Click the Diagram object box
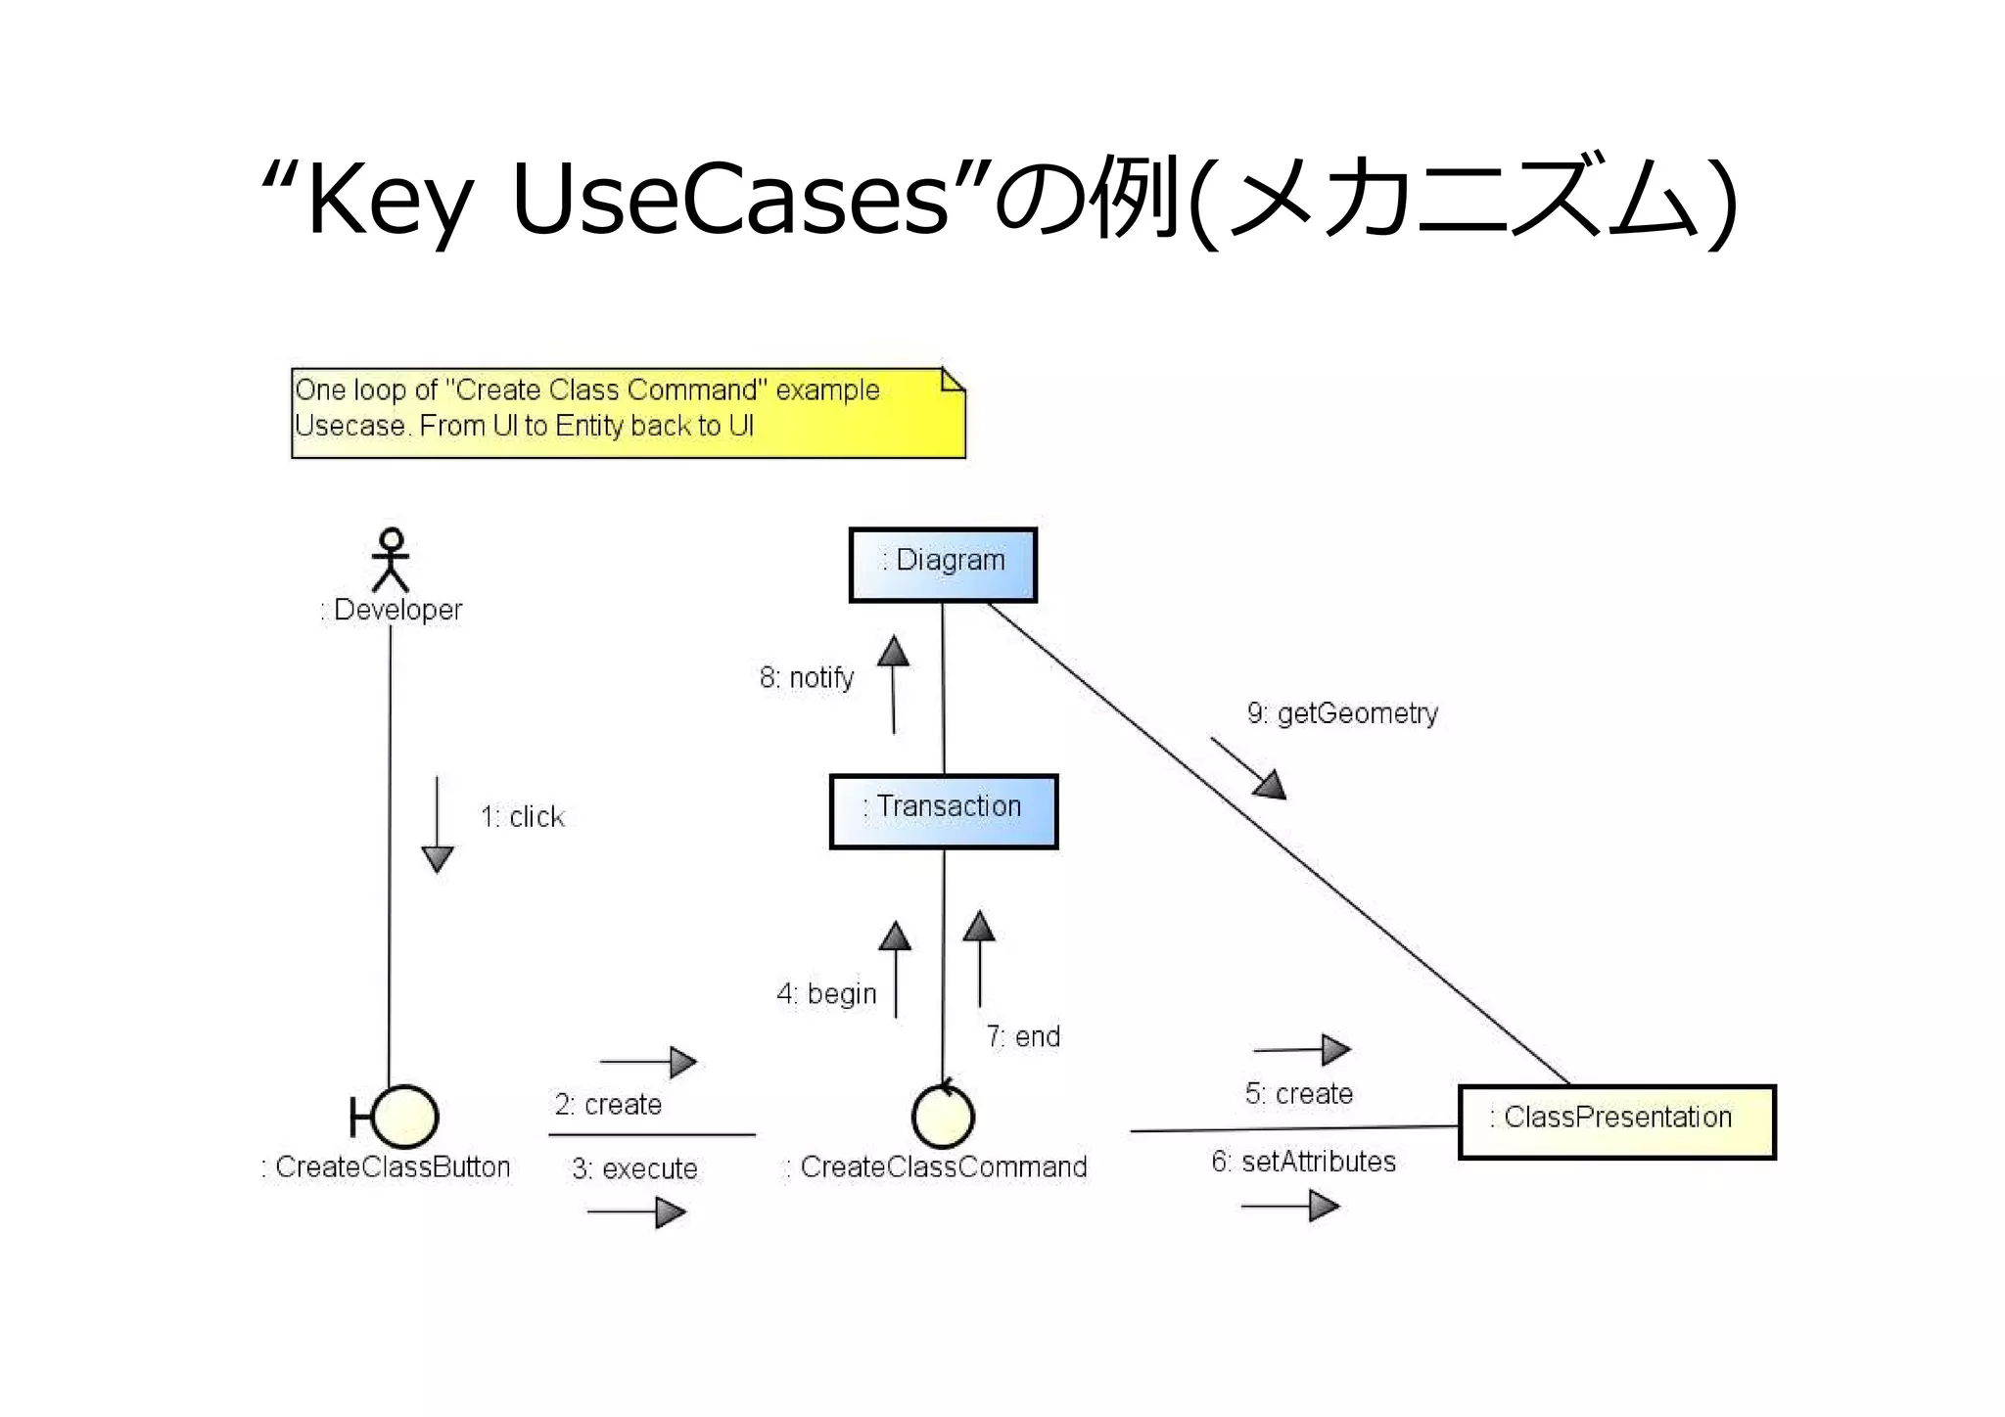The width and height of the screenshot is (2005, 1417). [x=942, y=565]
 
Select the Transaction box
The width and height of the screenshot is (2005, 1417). [x=943, y=811]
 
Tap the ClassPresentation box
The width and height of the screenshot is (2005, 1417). [x=1616, y=1121]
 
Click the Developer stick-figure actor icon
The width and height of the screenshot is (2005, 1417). [x=391, y=560]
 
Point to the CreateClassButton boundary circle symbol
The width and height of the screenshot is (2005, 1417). [x=402, y=1117]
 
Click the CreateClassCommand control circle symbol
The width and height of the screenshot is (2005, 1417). [x=943, y=1117]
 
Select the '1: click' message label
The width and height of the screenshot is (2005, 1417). [x=523, y=817]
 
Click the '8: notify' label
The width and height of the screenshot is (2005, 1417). [x=807, y=677]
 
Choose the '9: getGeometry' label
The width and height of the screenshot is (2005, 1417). [x=1342, y=713]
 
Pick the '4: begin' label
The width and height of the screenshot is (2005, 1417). [x=826, y=994]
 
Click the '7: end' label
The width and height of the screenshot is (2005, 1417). [x=1023, y=1036]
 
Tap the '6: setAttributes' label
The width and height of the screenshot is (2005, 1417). [x=1303, y=1162]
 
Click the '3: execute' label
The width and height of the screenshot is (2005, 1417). [x=634, y=1168]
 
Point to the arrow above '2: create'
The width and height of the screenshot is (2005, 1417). [x=648, y=1062]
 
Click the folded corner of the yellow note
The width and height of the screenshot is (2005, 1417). [x=953, y=380]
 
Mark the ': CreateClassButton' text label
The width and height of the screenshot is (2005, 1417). [x=386, y=1167]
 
